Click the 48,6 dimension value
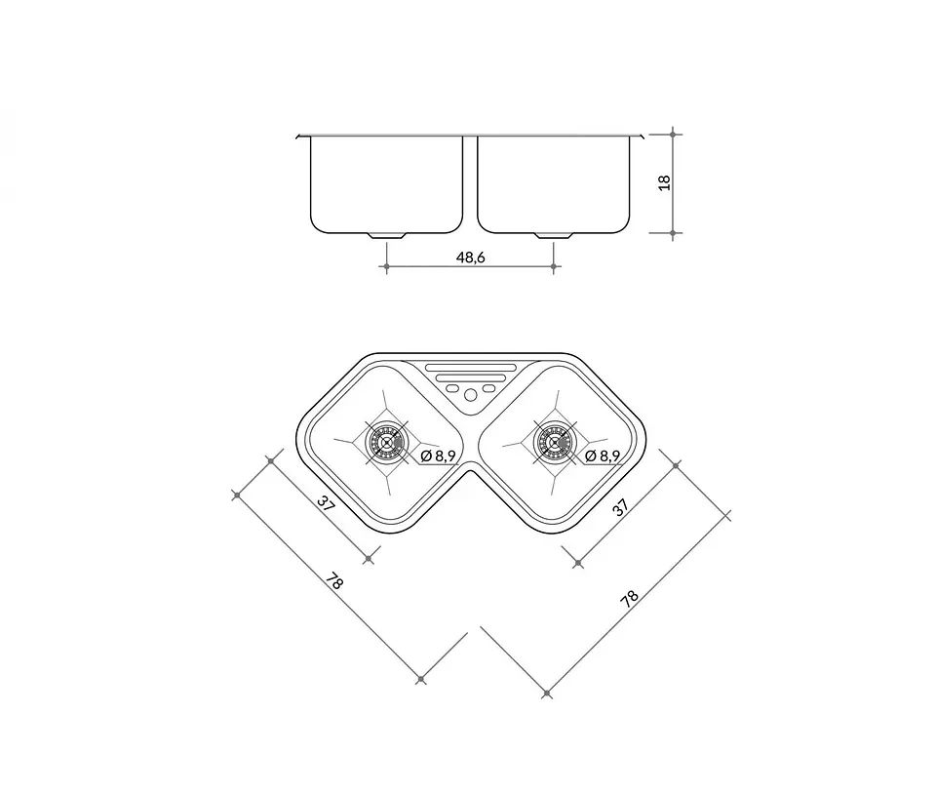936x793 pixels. tap(470, 258)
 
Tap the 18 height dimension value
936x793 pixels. tap(664, 182)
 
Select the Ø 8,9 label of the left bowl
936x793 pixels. tap(439, 456)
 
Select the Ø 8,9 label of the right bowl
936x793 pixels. tap(603, 456)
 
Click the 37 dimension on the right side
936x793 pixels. tap(621, 507)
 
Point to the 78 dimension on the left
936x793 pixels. tap(334, 580)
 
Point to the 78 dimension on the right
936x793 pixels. tap(629, 598)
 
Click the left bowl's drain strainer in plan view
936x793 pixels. tap(386, 443)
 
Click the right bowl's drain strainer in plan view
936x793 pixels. tap(554, 443)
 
